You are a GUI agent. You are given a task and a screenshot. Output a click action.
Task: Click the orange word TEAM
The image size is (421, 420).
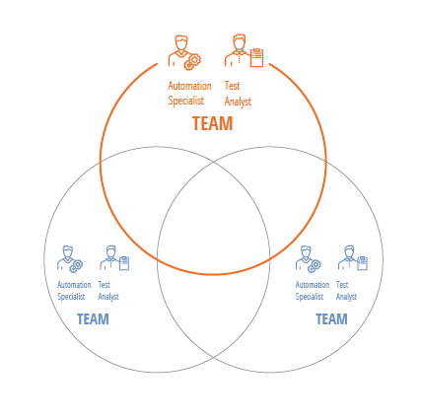(213, 123)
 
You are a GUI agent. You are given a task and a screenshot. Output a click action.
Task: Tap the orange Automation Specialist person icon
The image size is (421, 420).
(184, 52)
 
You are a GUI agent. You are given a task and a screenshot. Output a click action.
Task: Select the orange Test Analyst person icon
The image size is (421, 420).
(244, 50)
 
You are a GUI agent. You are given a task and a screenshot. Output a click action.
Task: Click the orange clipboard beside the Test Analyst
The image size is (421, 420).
(256, 57)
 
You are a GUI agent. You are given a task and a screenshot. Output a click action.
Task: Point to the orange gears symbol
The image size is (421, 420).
(193, 62)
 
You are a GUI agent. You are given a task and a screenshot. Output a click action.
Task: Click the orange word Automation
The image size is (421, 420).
(189, 86)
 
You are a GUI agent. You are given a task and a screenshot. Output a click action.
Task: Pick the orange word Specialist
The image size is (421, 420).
(186, 101)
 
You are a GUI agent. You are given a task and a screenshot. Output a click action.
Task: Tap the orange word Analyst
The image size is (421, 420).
(238, 102)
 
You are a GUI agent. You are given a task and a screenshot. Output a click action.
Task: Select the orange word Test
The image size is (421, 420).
(232, 86)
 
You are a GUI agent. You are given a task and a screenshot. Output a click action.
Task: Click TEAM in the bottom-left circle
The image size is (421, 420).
(93, 319)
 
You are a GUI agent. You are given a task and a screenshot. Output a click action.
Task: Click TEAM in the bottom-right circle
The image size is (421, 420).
(331, 319)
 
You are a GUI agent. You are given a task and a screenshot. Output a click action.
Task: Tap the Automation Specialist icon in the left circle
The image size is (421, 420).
(70, 259)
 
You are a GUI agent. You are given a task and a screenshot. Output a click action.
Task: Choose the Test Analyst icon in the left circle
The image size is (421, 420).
(114, 258)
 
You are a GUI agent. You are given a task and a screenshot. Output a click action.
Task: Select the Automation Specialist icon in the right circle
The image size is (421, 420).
(308, 259)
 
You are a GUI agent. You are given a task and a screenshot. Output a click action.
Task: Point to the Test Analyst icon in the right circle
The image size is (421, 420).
(353, 258)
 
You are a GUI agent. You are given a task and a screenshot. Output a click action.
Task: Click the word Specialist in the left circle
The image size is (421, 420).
(71, 297)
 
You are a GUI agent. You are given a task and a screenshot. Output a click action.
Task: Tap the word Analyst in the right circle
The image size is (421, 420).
(346, 297)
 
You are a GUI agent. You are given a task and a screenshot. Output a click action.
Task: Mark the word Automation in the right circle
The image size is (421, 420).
(313, 285)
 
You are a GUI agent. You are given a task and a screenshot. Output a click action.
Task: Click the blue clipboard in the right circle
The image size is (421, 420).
(362, 263)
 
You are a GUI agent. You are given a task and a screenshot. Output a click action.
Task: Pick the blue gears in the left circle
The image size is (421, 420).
(76, 266)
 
